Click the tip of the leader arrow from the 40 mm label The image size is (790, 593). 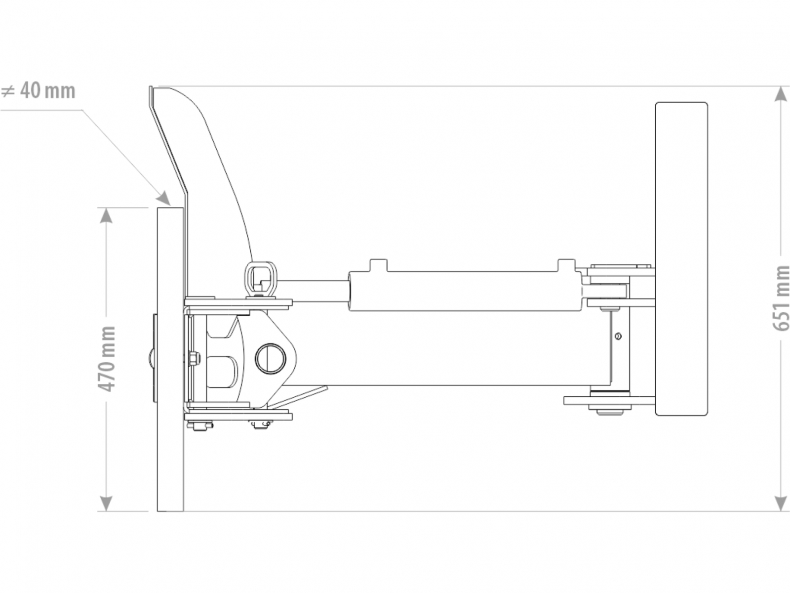click(x=169, y=205)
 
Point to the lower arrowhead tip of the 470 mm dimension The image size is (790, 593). click(x=106, y=510)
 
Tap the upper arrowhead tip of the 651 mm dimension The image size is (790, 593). click(x=780, y=86)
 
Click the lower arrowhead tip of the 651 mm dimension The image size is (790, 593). click(x=780, y=510)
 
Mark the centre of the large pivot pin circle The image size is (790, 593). click(x=270, y=359)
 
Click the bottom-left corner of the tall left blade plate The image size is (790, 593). click(x=158, y=511)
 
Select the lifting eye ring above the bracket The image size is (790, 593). click(x=261, y=279)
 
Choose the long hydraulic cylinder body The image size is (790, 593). click(x=465, y=291)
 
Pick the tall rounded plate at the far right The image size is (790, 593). click(x=681, y=259)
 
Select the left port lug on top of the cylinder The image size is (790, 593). click(x=379, y=265)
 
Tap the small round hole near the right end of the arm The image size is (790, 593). click(x=618, y=337)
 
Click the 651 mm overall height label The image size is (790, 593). click(x=781, y=298)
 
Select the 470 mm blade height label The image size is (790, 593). click(x=107, y=359)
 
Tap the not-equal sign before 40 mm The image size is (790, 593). click(x=7, y=91)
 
